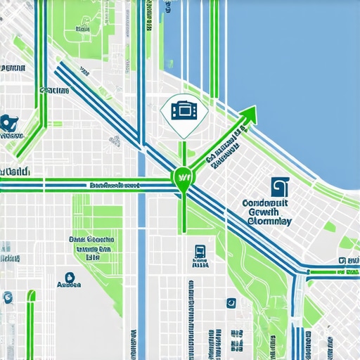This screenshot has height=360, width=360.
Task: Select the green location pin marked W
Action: [182, 178]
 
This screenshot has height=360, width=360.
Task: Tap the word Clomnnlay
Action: [270, 221]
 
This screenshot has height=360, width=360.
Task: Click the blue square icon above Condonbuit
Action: [279, 186]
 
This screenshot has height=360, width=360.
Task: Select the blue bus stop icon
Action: [200, 252]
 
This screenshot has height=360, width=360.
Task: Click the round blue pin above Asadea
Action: [69, 277]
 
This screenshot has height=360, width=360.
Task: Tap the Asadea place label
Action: [69, 285]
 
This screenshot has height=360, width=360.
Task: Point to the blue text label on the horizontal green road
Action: [113, 186]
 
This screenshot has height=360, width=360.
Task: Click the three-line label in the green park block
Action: [91, 248]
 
